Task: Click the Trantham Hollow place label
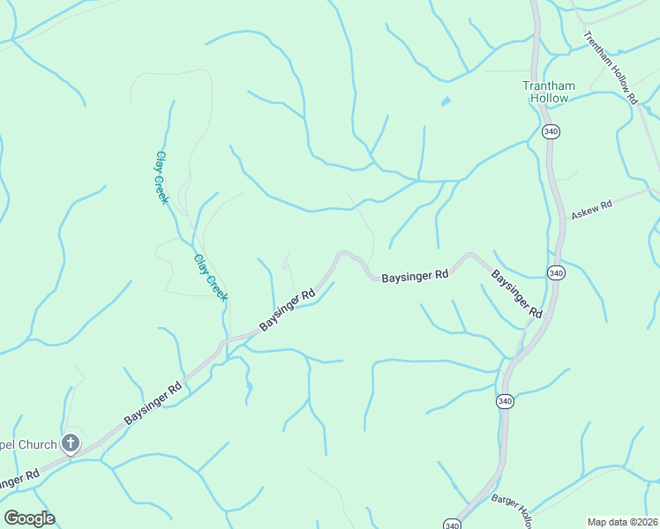[549, 92]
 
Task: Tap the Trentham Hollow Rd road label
[610, 68]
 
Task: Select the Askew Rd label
[591, 209]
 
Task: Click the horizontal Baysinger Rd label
[416, 276]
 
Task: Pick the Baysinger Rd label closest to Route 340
[517, 294]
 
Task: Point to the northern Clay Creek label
[161, 178]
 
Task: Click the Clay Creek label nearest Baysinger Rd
[211, 278]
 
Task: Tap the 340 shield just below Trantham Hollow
[551, 131]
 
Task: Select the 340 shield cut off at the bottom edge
[453, 525]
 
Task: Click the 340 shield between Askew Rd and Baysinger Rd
[555, 272]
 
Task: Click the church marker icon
[71, 444]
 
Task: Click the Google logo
[29, 518]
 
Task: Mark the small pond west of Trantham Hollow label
[446, 101]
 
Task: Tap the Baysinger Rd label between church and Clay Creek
[153, 402]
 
